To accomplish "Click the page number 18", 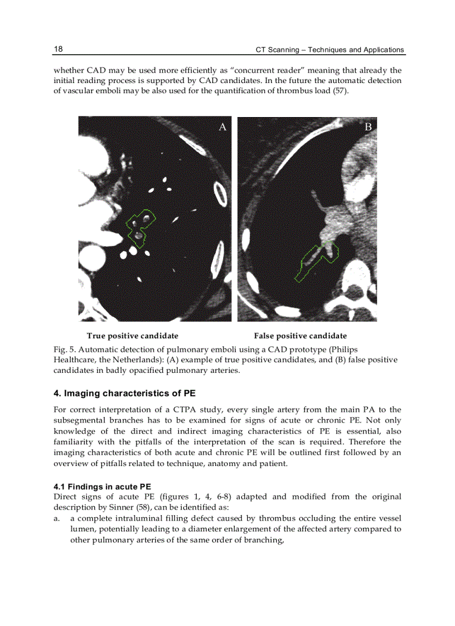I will (58, 49).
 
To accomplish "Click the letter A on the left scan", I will (222, 127).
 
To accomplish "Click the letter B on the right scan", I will (368, 127).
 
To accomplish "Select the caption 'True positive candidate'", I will (132, 336).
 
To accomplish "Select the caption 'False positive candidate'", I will (300, 336).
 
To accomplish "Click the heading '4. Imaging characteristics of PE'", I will (124, 394).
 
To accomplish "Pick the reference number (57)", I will (340, 91).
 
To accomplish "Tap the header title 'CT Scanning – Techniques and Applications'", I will (330, 50).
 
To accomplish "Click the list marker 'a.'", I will (57, 518).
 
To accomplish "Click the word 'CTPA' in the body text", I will (193, 410).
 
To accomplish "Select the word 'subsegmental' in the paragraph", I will (78, 421).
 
